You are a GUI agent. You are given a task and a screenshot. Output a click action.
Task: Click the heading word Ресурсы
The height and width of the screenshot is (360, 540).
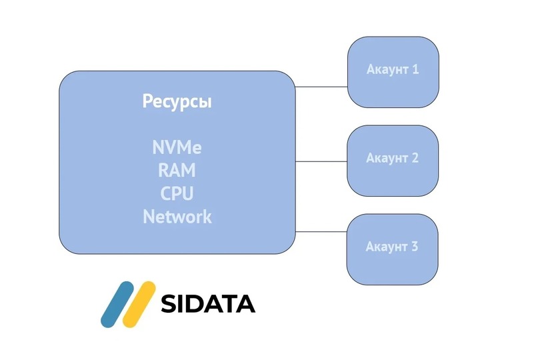tap(177, 101)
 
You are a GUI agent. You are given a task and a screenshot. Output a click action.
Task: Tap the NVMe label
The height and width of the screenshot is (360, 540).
tap(177, 147)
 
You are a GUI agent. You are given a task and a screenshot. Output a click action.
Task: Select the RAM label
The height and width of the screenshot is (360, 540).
tap(177, 170)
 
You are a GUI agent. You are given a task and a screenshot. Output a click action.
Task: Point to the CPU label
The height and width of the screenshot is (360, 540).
tap(177, 193)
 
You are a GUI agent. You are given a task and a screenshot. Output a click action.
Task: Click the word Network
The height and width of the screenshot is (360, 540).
tap(177, 217)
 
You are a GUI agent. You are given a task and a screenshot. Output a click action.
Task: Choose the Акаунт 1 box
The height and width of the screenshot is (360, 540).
tap(393, 72)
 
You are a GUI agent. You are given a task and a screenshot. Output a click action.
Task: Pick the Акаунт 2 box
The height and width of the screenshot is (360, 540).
tap(393, 161)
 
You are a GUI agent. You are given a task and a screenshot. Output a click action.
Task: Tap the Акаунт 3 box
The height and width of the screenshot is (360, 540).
tap(392, 249)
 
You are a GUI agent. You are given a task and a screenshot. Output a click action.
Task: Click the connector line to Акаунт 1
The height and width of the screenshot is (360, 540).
tap(321, 87)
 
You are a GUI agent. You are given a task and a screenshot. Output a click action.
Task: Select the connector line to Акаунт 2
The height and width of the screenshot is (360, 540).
tap(321, 161)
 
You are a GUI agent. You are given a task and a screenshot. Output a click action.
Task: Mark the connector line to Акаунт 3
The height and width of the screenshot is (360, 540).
tap(321, 232)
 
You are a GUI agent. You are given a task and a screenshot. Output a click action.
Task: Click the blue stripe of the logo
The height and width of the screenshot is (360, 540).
tap(117, 305)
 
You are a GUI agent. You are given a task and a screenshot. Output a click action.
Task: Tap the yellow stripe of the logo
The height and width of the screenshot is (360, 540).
tap(139, 305)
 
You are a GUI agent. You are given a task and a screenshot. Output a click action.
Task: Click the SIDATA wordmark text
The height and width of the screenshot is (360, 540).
tap(208, 304)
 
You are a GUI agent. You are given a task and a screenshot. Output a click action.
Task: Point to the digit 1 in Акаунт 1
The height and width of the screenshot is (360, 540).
tap(415, 69)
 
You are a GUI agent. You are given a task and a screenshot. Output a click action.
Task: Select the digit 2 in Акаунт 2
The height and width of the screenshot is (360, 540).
tap(415, 158)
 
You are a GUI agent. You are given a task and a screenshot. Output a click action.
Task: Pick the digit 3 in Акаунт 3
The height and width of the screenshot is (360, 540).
tap(414, 246)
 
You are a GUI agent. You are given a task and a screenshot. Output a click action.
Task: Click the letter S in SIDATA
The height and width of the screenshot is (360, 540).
tap(169, 304)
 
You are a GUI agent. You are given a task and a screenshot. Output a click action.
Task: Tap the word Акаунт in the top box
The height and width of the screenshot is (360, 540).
tap(387, 69)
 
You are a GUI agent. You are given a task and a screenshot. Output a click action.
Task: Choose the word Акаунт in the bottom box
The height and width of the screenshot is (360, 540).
tap(387, 247)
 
